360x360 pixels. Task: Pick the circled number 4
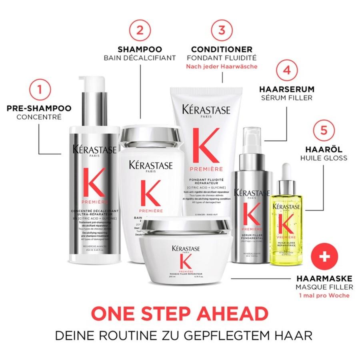286,70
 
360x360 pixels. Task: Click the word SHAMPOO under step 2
140,50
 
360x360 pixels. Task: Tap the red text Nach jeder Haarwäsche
221,66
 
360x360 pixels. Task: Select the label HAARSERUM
286,90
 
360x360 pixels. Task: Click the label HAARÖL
324,149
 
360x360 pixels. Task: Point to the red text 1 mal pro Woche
325,295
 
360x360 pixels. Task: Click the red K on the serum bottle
251,216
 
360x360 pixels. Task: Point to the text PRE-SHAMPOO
39,108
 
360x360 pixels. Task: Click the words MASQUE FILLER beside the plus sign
324,287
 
